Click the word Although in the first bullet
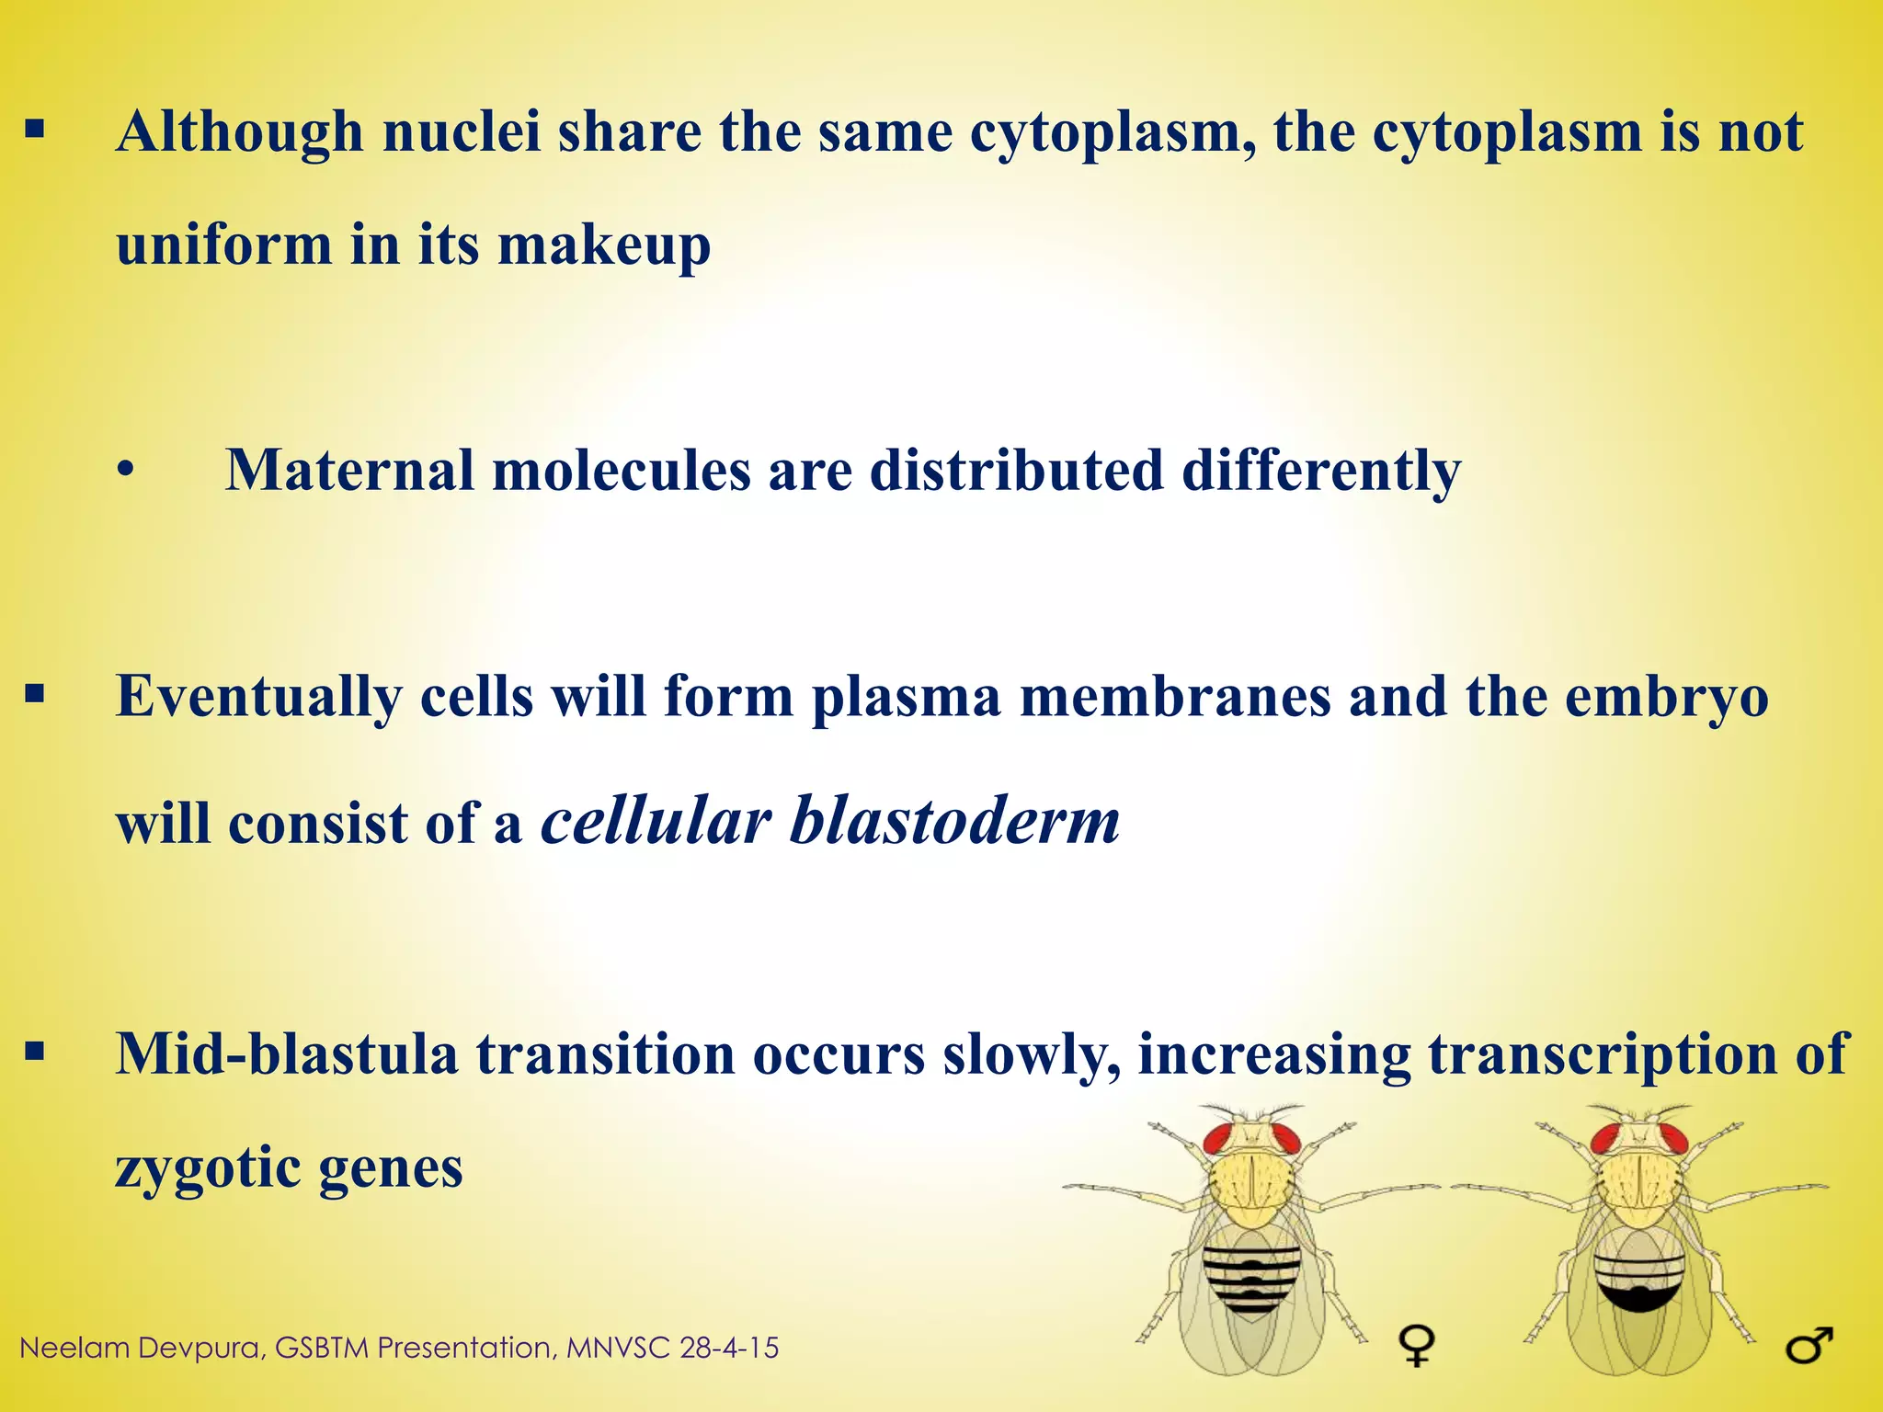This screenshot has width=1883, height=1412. (240, 132)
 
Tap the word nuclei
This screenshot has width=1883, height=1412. (462, 131)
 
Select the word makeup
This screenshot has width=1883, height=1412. (604, 246)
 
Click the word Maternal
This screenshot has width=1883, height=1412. (349, 471)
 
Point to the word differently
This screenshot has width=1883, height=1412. (1320, 471)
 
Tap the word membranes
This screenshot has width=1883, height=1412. (1175, 696)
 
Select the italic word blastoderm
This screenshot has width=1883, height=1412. (954, 820)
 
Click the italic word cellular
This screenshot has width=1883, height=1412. (656, 820)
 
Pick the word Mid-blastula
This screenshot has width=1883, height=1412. (286, 1053)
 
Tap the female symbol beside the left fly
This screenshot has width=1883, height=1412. (1417, 1345)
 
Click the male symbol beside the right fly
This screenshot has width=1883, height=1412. (1809, 1347)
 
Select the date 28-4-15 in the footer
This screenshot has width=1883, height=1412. (729, 1349)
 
